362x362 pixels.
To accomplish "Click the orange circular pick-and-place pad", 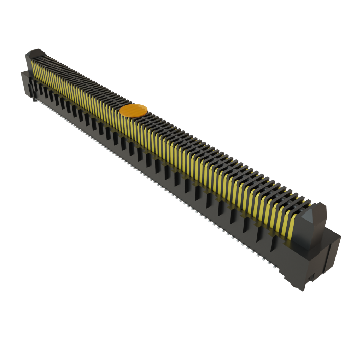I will [133, 110].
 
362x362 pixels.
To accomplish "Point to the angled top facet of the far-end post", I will [36, 53].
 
